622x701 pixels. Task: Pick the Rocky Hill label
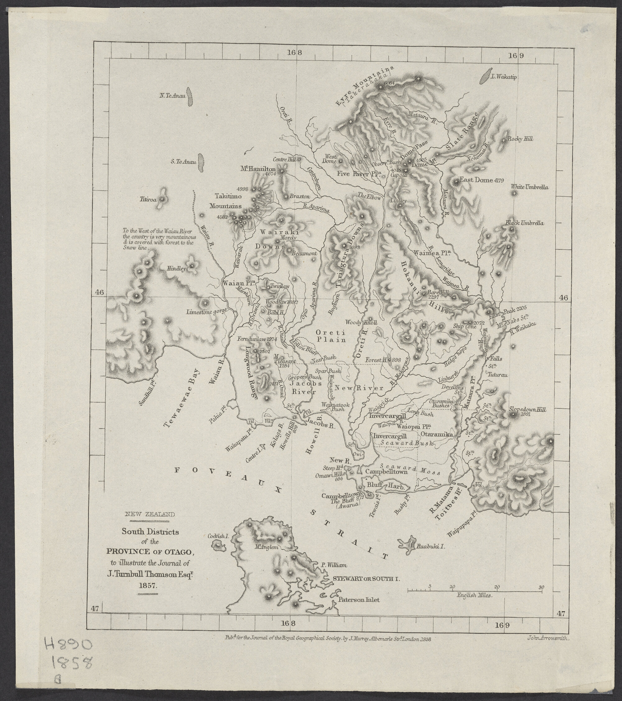coord(521,139)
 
